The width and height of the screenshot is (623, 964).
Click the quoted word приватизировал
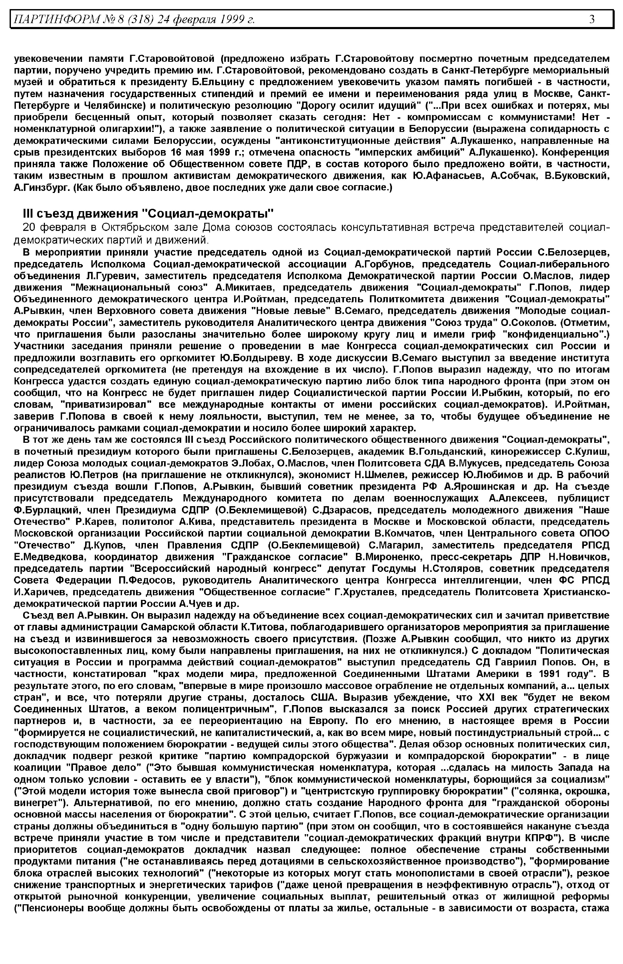click(x=107, y=405)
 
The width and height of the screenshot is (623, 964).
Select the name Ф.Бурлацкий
click(x=46, y=510)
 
